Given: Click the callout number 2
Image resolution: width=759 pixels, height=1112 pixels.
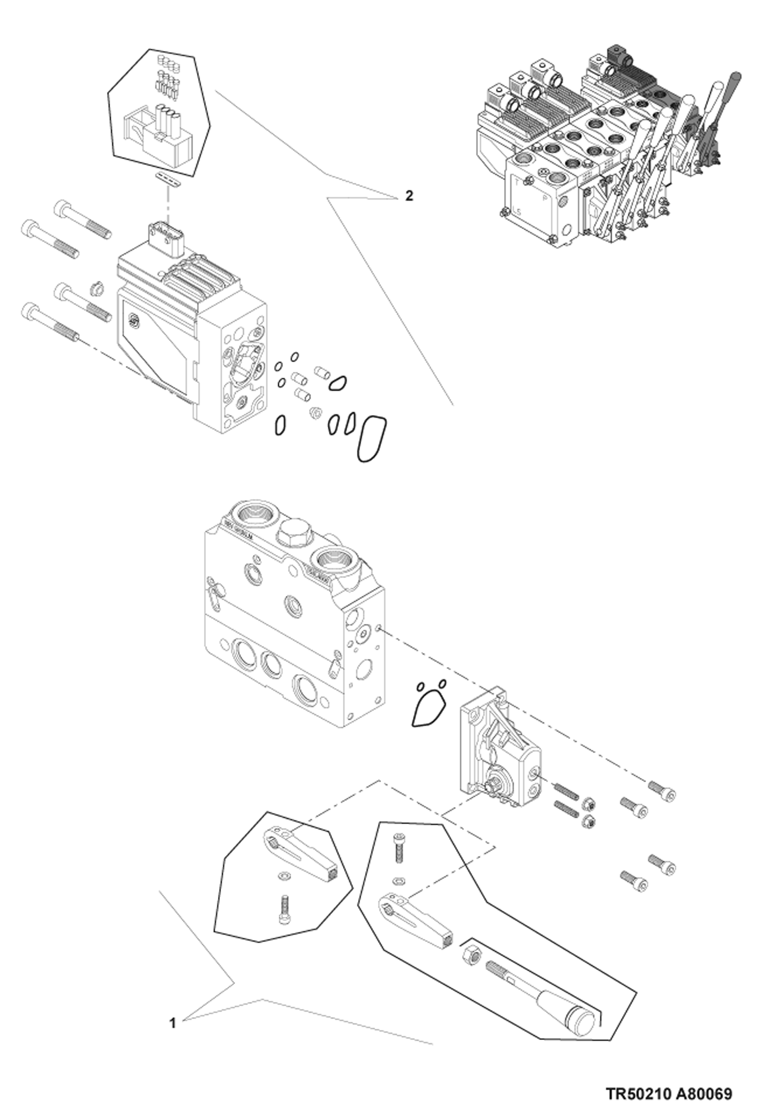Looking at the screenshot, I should coord(409,196).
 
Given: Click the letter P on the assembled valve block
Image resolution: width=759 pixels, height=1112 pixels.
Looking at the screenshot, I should coord(545,199).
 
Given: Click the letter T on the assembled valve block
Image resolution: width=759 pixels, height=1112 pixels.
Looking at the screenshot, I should coord(517,182).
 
